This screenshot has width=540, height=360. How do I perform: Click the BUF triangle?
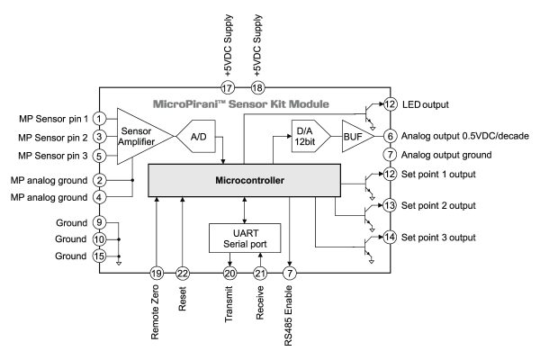[x=353, y=136]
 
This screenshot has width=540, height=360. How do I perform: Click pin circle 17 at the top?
[x=228, y=88]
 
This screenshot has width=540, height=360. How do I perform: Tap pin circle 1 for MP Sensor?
[x=100, y=119]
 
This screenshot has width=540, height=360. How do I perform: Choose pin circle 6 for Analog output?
[x=390, y=136]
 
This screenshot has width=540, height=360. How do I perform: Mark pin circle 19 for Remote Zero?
[x=157, y=273]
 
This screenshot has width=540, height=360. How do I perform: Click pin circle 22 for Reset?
[x=183, y=273]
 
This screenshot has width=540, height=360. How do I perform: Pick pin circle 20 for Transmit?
[x=229, y=273]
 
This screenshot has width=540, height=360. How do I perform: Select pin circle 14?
[x=390, y=238]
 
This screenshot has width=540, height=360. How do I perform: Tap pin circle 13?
[x=390, y=205]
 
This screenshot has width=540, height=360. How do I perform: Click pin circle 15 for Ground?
[x=100, y=256]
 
